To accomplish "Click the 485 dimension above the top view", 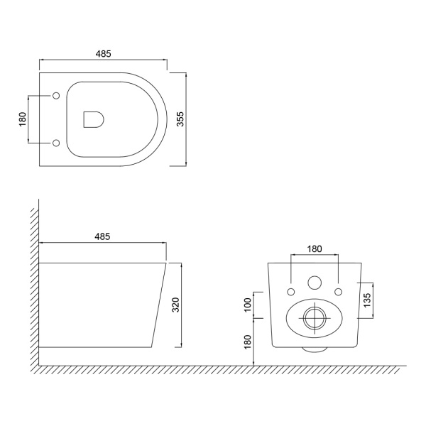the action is point(103,54).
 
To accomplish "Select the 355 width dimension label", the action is point(180,119).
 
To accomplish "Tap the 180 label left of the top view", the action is point(23,119).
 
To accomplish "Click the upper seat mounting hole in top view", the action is point(56,96).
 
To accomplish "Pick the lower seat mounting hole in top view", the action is point(56,143).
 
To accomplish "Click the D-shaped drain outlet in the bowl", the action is point(94,119).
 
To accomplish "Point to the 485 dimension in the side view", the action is point(102,236).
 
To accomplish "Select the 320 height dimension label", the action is point(176,305).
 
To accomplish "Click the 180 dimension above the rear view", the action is point(315,249).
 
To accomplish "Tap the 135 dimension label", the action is point(367,300).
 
